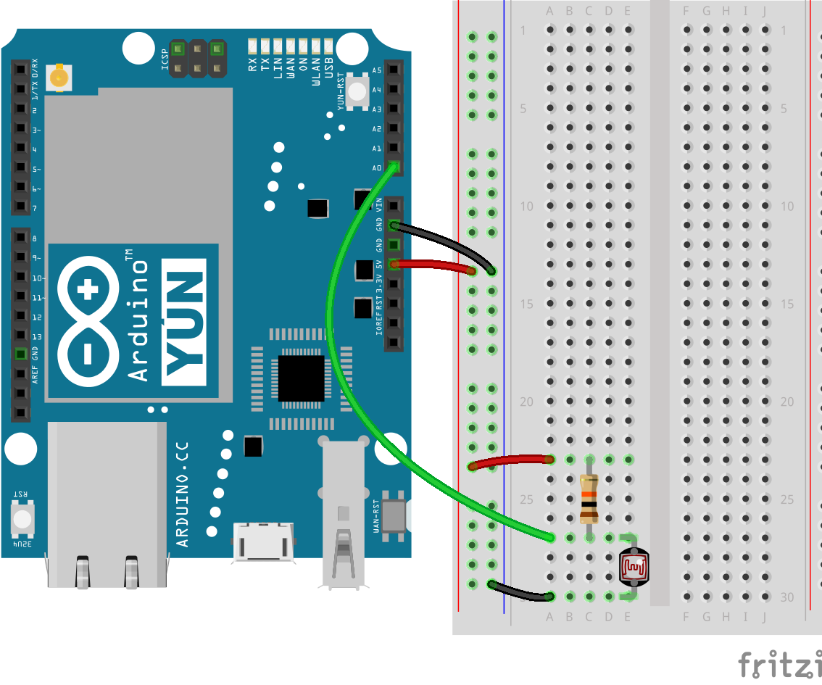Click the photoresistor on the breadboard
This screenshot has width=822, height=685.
pos(634,567)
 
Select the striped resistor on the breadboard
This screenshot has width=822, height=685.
pos(589,499)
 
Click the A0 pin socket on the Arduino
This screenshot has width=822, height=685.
pos(394,167)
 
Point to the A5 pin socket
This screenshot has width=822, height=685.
pos(394,70)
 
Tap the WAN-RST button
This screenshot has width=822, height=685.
pos(394,515)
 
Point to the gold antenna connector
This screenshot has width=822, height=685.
pos(59,76)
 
